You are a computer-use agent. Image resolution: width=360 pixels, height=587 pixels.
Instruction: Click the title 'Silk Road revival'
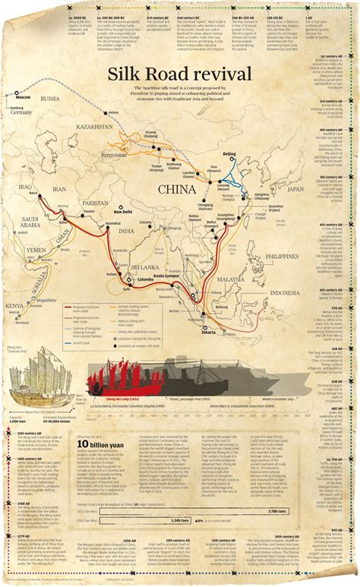tap(180, 74)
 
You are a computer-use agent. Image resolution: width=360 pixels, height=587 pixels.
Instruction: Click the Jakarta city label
tap(210, 331)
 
